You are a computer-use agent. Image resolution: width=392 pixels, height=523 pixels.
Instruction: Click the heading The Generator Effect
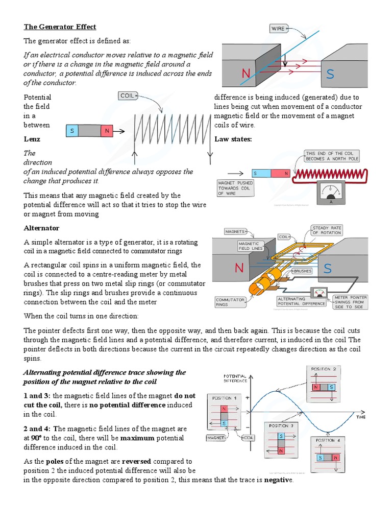[x=60, y=27]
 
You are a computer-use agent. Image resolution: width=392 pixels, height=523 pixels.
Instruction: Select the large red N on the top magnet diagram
[x=246, y=74]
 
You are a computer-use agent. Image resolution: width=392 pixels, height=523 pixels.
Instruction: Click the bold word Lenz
[x=32, y=139]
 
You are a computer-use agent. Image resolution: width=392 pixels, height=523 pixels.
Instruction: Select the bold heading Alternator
[x=42, y=228]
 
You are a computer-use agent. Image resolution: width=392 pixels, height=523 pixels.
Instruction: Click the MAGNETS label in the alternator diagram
[x=235, y=231]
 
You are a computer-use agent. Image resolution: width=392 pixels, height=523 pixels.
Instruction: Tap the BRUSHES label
[x=303, y=271]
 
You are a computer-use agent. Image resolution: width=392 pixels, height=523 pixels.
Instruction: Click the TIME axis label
[x=361, y=417]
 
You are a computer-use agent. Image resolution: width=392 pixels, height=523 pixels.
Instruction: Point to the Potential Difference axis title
[x=235, y=377]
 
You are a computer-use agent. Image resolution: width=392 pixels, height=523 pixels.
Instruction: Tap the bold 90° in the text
[x=36, y=438]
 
